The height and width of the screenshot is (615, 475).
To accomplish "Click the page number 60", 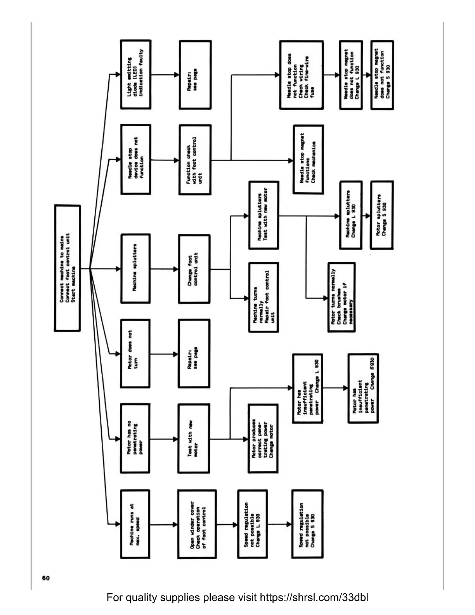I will [46, 578].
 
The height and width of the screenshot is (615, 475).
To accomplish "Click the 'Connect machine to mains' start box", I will [68, 268].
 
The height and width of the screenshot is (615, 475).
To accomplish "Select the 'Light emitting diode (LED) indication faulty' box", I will [135, 74].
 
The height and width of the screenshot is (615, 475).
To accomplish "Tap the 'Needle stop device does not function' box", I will [135, 159].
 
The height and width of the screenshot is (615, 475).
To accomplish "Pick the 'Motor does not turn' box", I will [135, 353].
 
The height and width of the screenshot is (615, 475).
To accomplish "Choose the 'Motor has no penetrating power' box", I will [135, 439].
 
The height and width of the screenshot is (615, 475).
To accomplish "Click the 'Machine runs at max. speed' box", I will [135, 524].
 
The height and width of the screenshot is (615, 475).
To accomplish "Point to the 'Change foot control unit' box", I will [194, 269].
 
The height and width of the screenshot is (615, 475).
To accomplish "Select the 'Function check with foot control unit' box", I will [195, 160].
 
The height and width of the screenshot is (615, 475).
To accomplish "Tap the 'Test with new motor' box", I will [194, 439].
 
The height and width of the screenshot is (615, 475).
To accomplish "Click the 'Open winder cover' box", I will [197, 524].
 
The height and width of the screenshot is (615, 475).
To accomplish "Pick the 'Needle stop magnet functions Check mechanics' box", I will [308, 160].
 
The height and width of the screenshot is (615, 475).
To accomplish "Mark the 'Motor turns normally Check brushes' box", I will [342, 297].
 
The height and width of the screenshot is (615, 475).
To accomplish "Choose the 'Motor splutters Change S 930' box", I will [382, 215].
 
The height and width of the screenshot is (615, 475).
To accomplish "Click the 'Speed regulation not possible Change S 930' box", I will [307, 524].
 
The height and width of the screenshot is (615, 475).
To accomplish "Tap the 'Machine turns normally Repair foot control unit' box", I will [264, 297].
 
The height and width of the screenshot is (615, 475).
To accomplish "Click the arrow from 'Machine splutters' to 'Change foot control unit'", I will [164, 269].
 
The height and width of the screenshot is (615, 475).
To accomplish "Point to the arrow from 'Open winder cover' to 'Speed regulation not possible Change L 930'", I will [227, 525].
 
